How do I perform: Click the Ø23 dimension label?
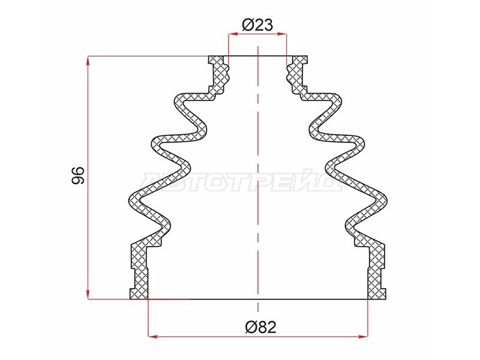pos(257,25)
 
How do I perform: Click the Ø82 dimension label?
pos(261,327)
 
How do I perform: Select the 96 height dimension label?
pos(77,175)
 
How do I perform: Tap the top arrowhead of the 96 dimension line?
pos(88,61)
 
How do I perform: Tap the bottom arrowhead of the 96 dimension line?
pos(88,295)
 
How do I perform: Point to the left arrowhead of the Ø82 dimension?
pos(152,337)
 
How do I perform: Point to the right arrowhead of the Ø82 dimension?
pos(363,337)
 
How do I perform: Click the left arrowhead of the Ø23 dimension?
pos(233,34)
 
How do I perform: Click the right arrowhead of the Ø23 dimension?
pos(282,34)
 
